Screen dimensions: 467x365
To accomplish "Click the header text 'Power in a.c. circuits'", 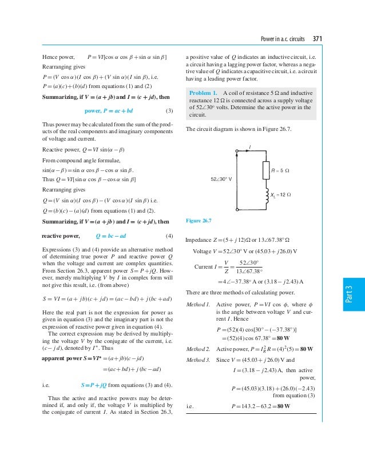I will coord(283,39).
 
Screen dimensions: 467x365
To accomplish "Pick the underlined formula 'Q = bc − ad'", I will coord(114,236).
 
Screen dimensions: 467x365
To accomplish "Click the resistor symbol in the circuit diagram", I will coord(266,170).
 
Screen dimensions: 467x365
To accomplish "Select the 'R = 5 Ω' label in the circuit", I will coord(280,170).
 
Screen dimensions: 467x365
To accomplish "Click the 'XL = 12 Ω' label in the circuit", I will coord(281,195).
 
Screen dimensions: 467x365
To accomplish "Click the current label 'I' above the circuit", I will coord(250,147).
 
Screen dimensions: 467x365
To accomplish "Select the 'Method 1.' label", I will coord(199,304).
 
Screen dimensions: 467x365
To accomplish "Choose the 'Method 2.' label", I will coord(199,348).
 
